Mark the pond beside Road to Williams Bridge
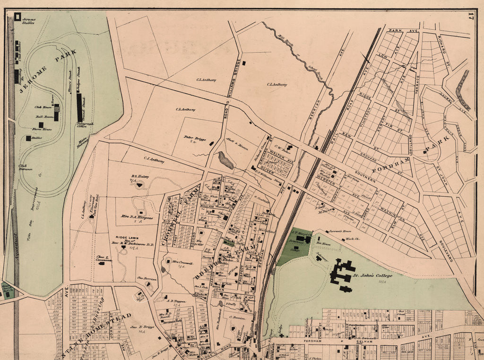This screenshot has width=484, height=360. pyautogui.click(x=225, y=160)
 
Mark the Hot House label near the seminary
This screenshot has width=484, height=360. pyautogui.click(x=323, y=244)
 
